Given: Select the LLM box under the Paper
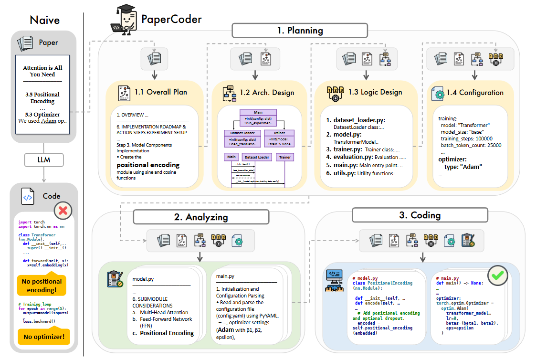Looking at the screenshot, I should pos(43,160).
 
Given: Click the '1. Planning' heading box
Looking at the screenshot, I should pos(300,31).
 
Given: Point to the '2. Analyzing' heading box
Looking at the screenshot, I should pos(201,217).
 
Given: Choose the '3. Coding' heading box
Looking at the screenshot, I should pos(420,215).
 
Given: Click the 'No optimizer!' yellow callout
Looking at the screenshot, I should pos(43,338).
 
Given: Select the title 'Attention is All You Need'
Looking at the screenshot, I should pos(42,71).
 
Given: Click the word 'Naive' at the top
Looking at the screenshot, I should pos(44,20).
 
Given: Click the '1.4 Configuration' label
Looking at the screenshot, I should pos(475,93).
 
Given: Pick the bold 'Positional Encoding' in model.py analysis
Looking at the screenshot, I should pos(167,333).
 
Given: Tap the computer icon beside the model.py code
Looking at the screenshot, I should pos(334,281).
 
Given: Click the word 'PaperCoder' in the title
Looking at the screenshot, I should pos(171,20).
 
